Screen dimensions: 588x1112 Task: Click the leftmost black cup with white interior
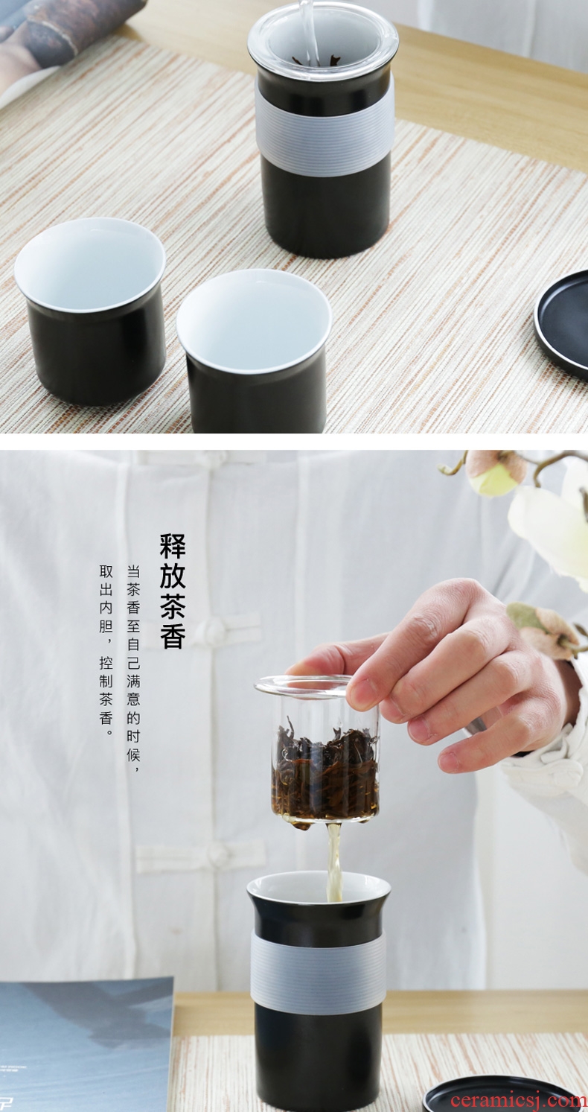[90, 310]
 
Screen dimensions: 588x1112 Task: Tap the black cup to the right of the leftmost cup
[255, 350]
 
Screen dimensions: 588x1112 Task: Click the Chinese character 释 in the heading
[173, 546]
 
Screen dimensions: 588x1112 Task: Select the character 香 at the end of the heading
[173, 635]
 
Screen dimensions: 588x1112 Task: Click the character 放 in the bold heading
[173, 575]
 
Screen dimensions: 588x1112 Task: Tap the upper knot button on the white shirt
[214, 628]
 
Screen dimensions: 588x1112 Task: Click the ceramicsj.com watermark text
[519, 1099]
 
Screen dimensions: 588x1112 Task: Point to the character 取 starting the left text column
[106, 572]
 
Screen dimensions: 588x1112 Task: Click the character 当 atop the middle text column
[133, 572]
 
